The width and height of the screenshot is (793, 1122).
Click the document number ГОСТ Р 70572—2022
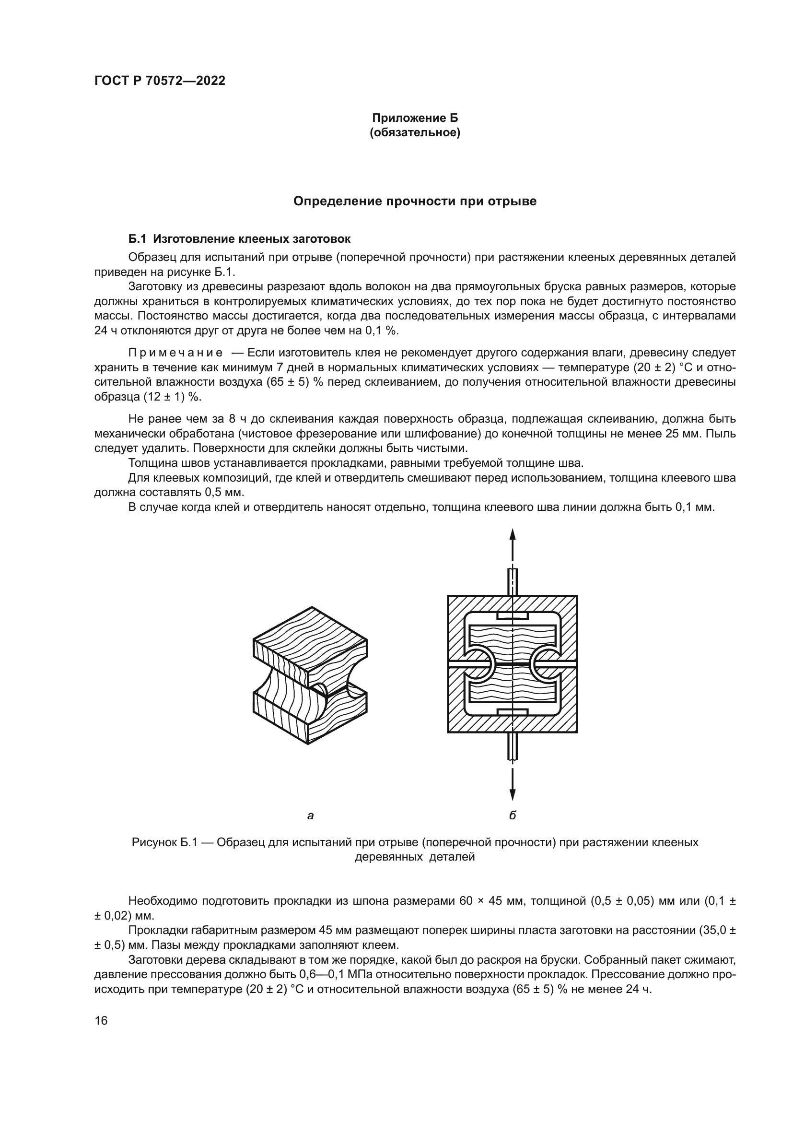click(x=160, y=81)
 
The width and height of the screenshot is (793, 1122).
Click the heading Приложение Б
click(x=415, y=118)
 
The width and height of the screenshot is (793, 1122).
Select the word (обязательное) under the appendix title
click(x=415, y=133)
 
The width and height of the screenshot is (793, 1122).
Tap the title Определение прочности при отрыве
click(x=415, y=201)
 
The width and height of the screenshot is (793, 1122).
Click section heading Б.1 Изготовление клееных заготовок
click(x=239, y=239)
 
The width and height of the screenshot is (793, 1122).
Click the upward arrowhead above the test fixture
click(x=512, y=534)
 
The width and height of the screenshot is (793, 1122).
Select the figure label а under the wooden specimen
click(x=310, y=815)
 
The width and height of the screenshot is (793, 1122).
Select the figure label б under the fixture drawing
click(x=512, y=815)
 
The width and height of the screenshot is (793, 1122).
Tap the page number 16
click(x=101, y=1021)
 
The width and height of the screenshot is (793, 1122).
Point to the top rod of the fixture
click(x=512, y=581)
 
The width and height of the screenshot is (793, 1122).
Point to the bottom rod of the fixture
click(x=512, y=746)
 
